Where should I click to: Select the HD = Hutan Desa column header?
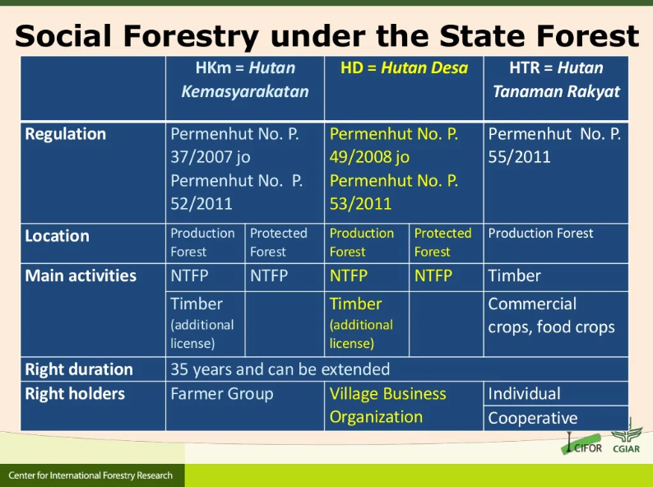[x=404, y=67]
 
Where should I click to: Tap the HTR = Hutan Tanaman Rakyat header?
[x=557, y=80]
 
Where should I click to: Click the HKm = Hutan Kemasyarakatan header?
[x=245, y=80]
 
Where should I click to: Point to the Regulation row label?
[x=66, y=134]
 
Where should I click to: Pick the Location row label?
[x=57, y=236]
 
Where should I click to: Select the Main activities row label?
[x=81, y=276]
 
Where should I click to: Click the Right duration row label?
[x=79, y=369]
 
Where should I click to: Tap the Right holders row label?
[x=75, y=394]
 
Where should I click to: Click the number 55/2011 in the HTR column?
[x=519, y=157]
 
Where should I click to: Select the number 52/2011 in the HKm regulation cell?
[x=201, y=204]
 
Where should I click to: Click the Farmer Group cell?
[x=222, y=394]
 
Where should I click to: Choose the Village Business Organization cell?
[x=387, y=406]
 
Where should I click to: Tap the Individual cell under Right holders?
[x=525, y=394]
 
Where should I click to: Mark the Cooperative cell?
[x=533, y=418]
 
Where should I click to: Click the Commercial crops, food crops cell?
[x=551, y=315]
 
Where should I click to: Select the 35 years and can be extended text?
[x=280, y=369]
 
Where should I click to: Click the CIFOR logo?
[x=581, y=443]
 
